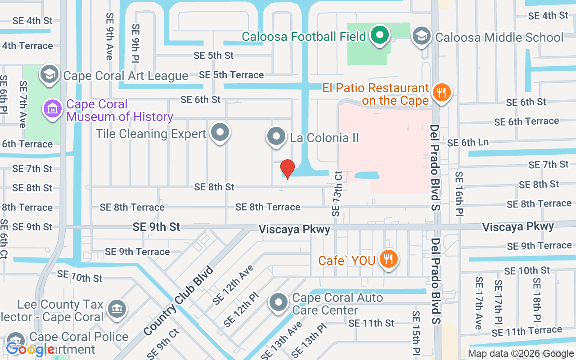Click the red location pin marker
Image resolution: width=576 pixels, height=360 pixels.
point(287,169)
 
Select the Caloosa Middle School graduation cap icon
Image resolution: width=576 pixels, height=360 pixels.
point(422,36)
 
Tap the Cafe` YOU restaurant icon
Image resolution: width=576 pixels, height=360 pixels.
point(387,260)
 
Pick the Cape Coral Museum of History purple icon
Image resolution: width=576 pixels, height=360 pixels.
point(53,109)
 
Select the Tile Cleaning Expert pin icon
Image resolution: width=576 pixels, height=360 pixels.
point(220,133)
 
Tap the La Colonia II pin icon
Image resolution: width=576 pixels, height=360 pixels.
point(276,136)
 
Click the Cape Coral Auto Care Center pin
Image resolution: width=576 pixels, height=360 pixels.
point(279,303)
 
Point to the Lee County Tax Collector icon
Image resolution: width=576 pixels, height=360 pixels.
point(117,309)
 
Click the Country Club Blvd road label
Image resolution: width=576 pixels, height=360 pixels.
point(179,301)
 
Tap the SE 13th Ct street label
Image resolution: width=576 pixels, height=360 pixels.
point(337,193)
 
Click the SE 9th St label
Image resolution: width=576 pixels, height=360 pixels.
point(156,227)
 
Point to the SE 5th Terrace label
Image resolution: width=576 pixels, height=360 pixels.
point(231,75)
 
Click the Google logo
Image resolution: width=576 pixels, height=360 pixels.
point(30,349)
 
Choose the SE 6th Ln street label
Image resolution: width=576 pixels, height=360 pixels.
point(468,143)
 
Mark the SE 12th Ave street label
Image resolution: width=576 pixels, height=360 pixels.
point(233,285)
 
